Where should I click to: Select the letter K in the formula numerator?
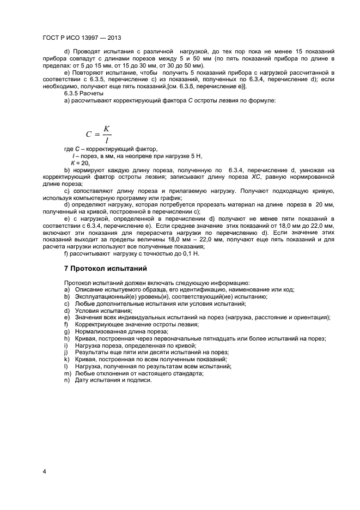[107, 128]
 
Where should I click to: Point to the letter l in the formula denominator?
[107, 139]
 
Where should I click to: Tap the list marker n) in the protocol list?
[67, 380]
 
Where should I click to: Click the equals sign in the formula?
[98, 134]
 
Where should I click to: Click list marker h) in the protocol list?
[67, 338]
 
